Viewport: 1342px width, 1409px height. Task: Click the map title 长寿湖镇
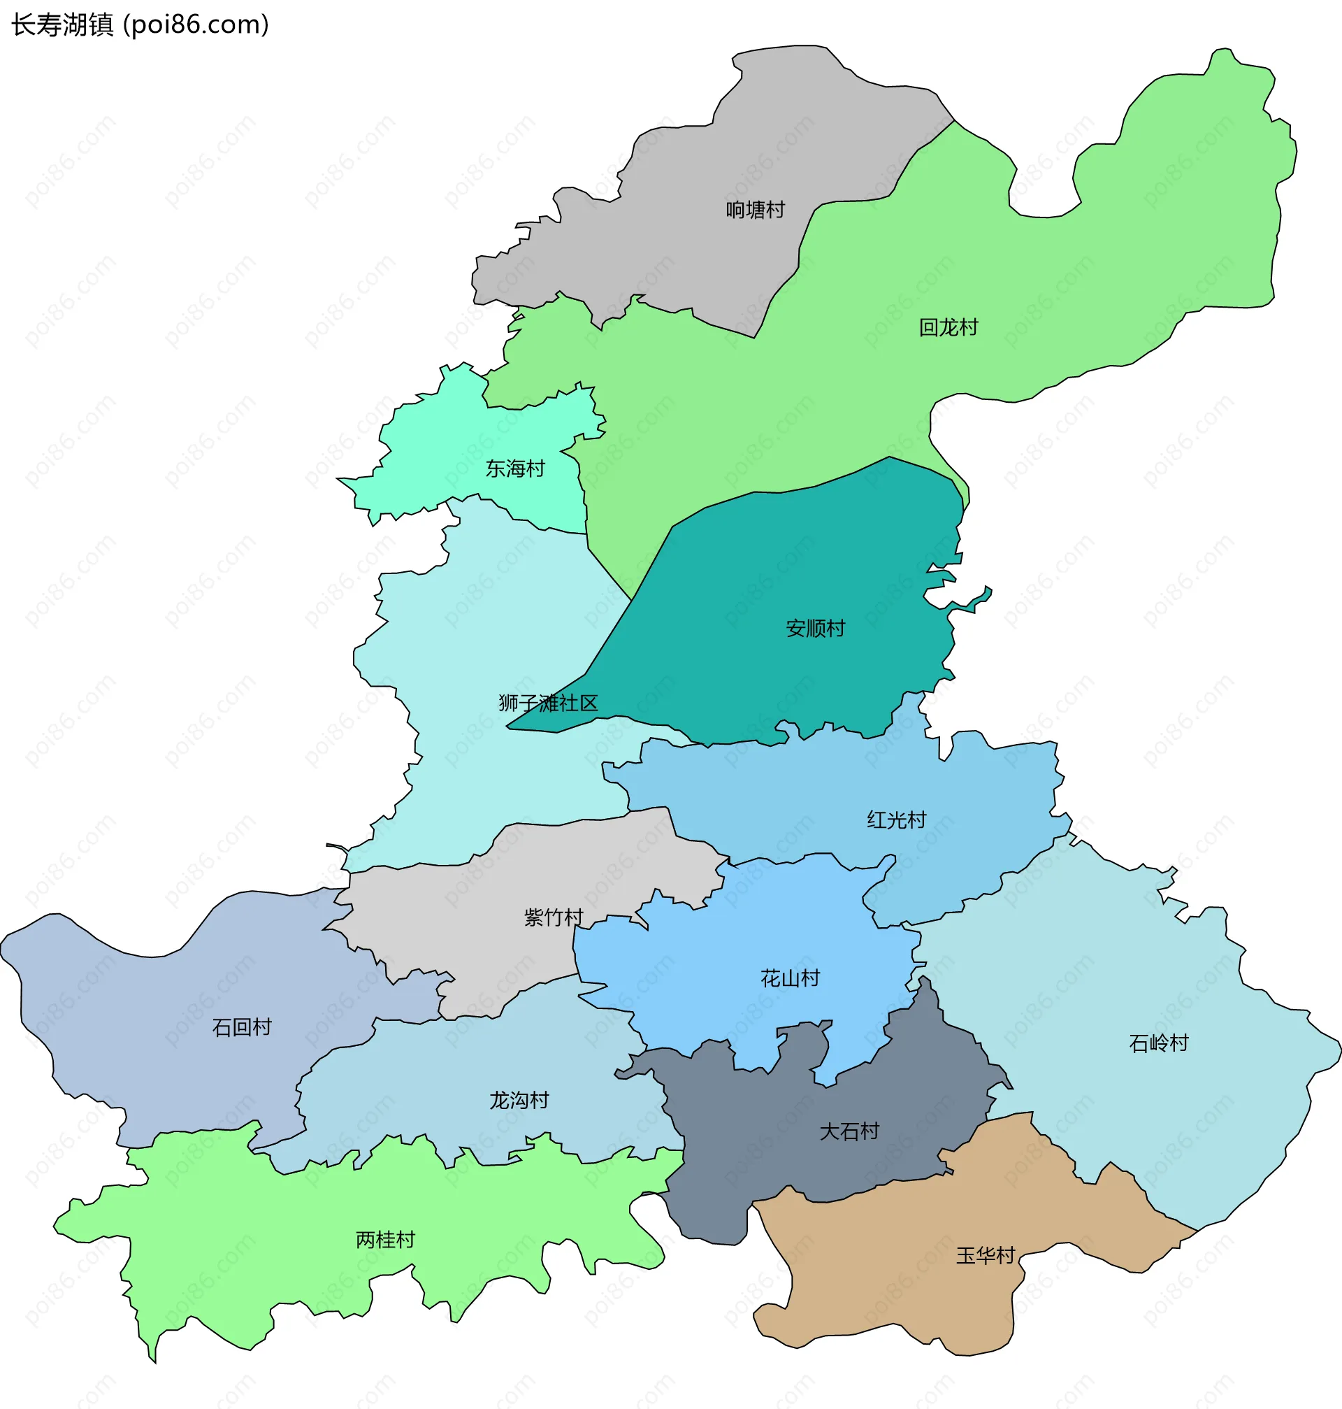click(x=62, y=25)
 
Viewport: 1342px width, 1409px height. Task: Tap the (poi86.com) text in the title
click(x=196, y=25)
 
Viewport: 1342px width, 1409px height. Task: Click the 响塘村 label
click(x=756, y=210)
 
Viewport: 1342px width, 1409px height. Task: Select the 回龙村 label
click(x=948, y=328)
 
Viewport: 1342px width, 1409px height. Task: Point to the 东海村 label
click(x=515, y=469)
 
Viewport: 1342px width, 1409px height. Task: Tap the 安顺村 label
click(x=816, y=629)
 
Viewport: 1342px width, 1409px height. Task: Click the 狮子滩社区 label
click(x=548, y=703)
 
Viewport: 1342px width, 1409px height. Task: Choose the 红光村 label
click(x=896, y=820)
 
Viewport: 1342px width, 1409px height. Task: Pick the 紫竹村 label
click(x=554, y=917)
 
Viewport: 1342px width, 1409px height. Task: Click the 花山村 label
click(x=790, y=978)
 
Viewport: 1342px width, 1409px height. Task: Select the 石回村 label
click(x=242, y=1028)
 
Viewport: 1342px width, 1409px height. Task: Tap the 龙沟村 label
click(x=519, y=1100)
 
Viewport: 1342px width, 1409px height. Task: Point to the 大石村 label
click(x=849, y=1131)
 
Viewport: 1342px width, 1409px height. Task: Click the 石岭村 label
click(x=1159, y=1043)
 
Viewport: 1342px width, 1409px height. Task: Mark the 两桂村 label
click(x=386, y=1239)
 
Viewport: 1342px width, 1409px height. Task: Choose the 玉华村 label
click(x=986, y=1255)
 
